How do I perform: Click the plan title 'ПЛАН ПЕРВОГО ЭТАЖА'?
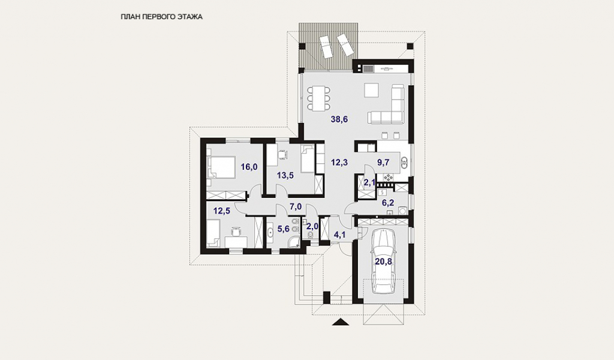(x=162, y=17)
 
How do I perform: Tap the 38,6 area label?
(x=339, y=119)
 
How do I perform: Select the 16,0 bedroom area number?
(x=249, y=167)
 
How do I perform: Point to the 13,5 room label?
(x=285, y=175)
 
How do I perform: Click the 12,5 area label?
(x=222, y=211)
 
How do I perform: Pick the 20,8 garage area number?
(x=383, y=262)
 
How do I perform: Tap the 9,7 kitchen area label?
(x=383, y=162)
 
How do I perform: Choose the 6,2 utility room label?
(x=388, y=203)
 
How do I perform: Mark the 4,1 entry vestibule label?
(x=339, y=235)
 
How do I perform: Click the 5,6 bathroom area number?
(x=283, y=229)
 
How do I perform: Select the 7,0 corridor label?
(x=296, y=206)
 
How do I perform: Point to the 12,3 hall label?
(x=339, y=162)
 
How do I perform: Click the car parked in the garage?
(x=383, y=261)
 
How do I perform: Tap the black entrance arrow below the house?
(x=341, y=322)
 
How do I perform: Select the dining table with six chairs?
(x=318, y=98)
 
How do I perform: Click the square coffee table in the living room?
(x=371, y=90)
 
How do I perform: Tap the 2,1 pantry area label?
(x=369, y=182)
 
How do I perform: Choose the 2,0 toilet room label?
(x=312, y=226)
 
